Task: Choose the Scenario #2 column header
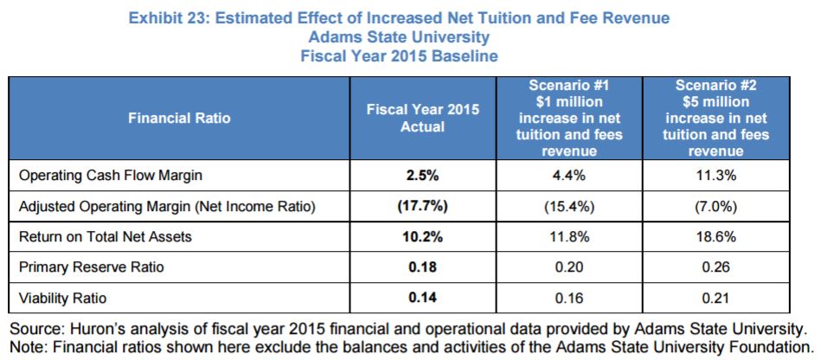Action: [715, 118]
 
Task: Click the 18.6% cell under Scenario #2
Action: [715, 236]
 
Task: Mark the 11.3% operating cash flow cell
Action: [715, 175]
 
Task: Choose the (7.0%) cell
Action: [715, 206]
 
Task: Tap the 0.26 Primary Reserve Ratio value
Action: [715, 267]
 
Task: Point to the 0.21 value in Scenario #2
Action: [715, 298]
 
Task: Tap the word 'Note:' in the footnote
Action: [29, 347]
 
